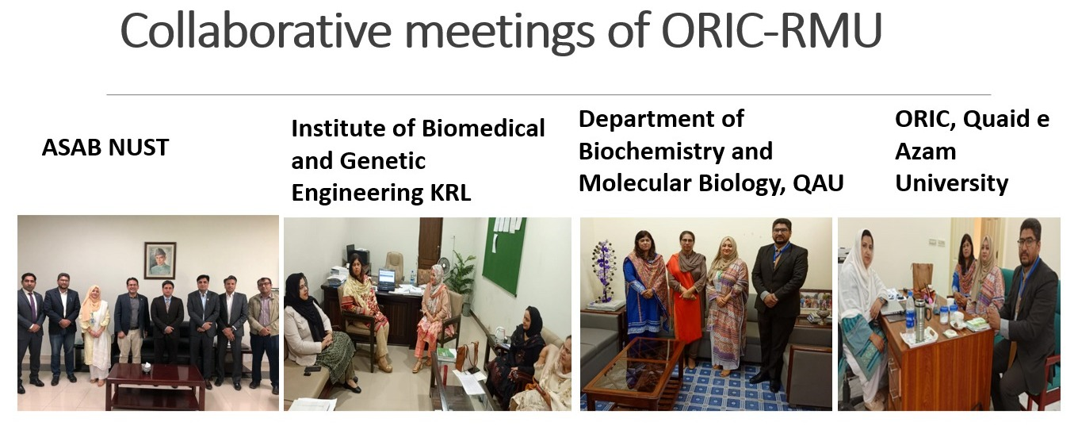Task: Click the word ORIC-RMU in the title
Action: coord(771,30)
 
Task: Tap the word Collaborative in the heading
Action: coord(256,30)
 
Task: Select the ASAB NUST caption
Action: coord(105,148)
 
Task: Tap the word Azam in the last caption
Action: coord(926,152)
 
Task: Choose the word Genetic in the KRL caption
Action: coord(383,161)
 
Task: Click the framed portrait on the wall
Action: coord(160,260)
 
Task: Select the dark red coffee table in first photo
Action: coord(155,386)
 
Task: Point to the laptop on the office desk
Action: coord(387,279)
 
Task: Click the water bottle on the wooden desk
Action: coord(910,313)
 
